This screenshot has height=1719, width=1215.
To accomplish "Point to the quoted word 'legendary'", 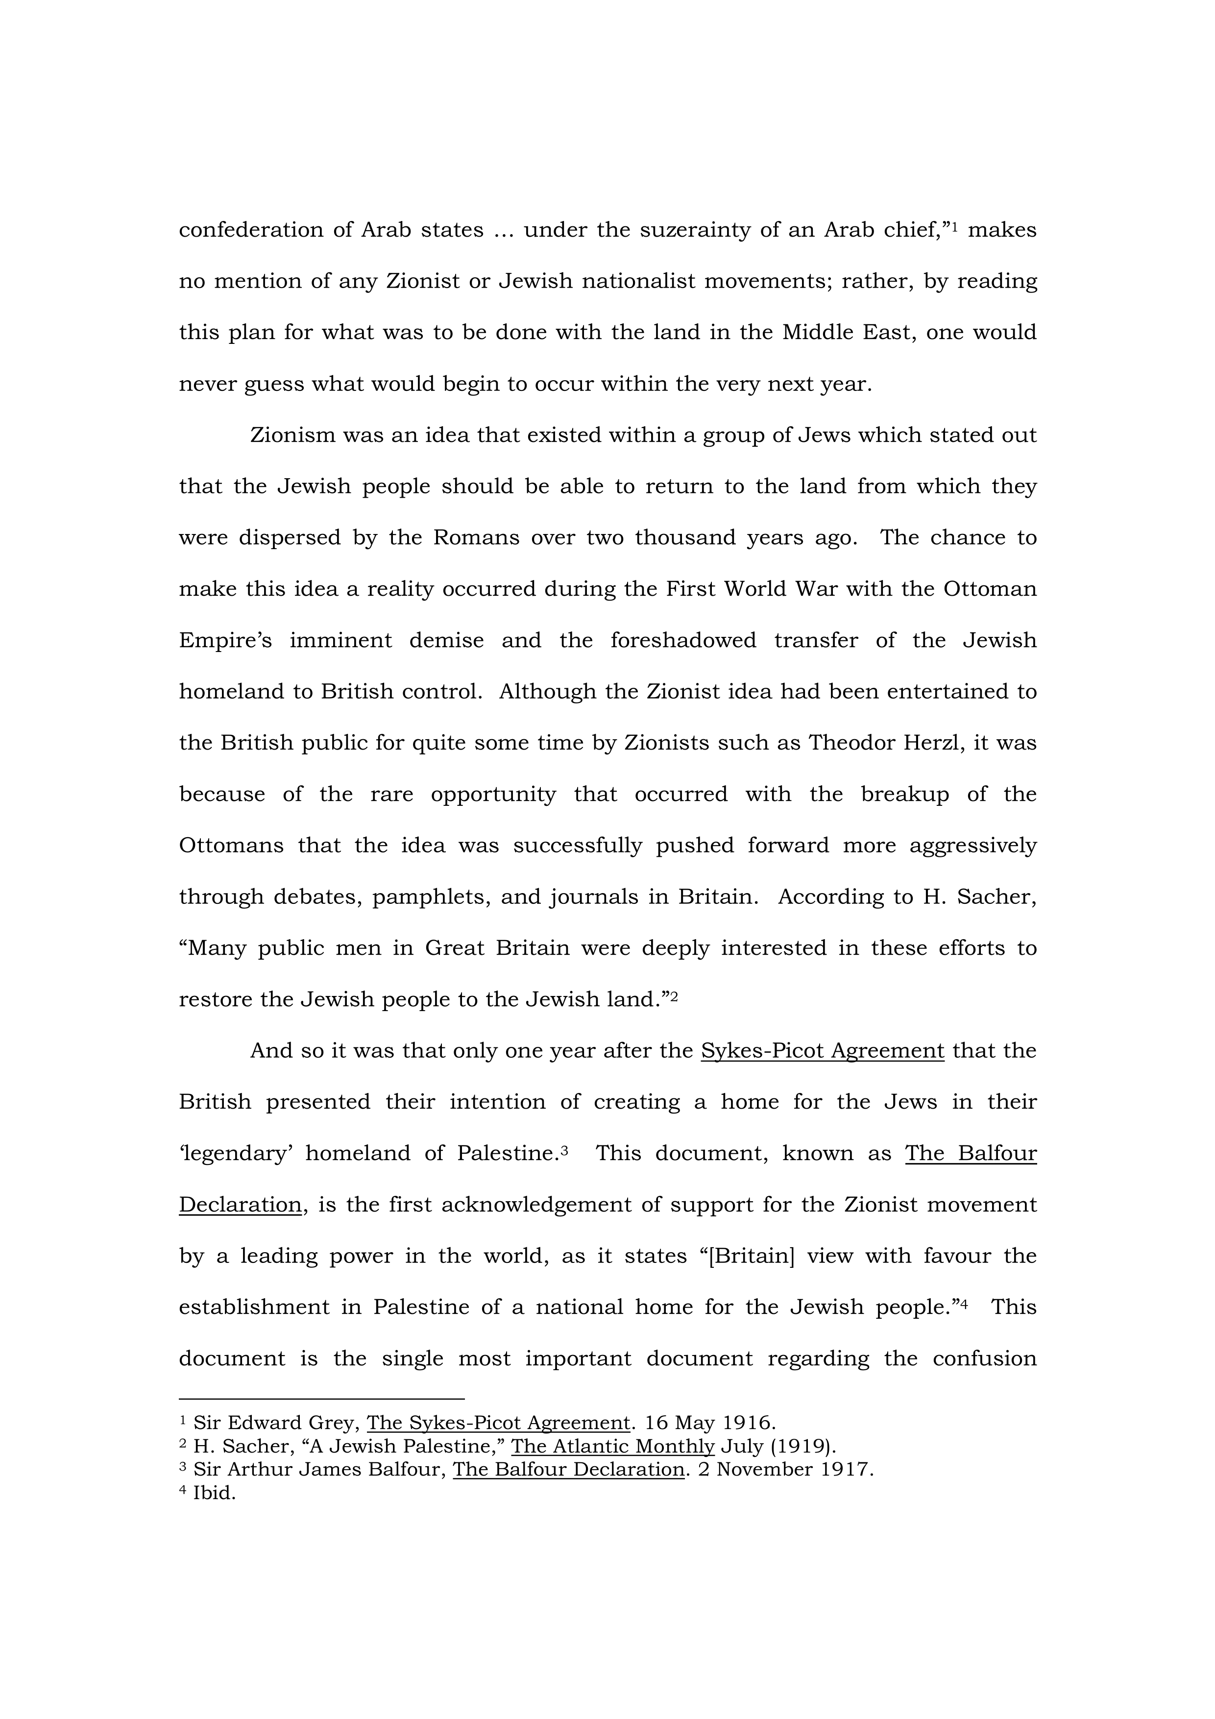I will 236,1153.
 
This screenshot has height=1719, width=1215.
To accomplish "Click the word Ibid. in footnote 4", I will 214,1493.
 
